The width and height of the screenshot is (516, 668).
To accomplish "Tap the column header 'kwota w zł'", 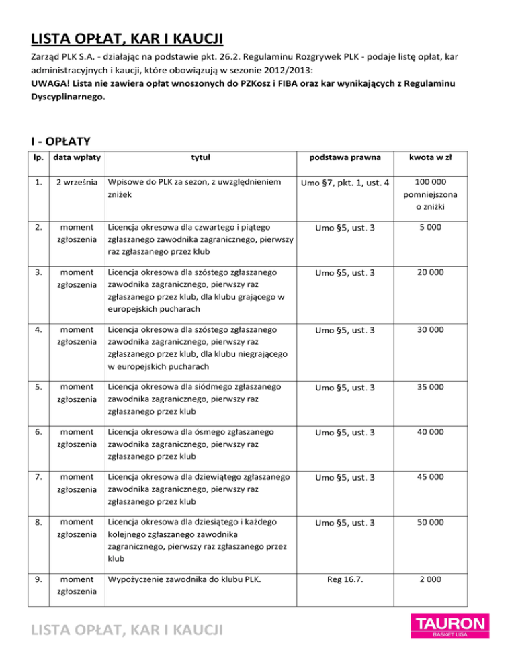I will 454,157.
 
